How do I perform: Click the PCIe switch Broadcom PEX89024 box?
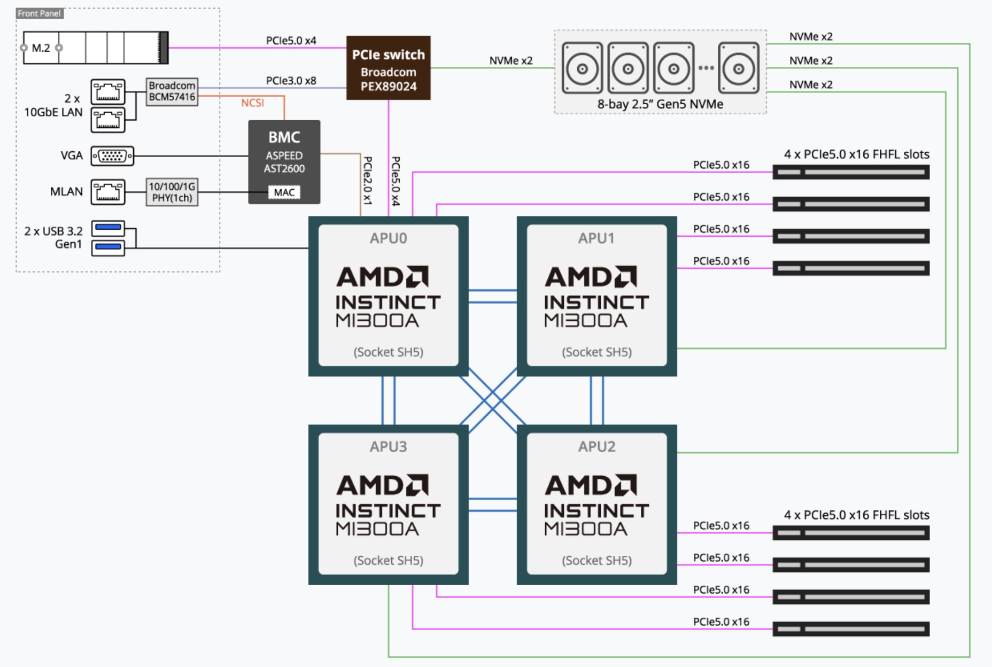pos(388,68)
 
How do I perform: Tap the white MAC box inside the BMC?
pos(284,192)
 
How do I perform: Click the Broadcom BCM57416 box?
pos(172,91)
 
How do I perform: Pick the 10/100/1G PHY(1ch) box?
pos(172,192)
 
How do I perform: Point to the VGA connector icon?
pos(112,156)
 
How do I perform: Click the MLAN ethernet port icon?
pos(108,192)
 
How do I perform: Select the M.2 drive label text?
pos(41,48)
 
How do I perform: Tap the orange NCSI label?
pos(252,103)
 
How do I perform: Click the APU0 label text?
pos(388,238)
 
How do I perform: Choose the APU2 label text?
pos(596,446)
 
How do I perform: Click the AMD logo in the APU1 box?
pos(591,277)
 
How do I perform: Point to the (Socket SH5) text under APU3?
pos(388,560)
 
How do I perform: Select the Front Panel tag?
pos(39,13)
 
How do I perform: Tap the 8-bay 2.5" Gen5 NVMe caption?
pos(660,104)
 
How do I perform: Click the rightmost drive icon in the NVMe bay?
pos(738,68)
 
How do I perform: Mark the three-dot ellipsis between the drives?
pos(706,68)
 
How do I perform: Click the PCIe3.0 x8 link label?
pos(291,81)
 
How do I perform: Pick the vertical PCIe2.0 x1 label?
pos(367,181)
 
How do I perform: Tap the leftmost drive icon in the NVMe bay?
pos(582,68)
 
